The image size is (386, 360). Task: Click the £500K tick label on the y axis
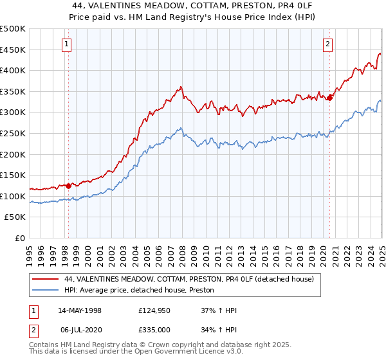tap(13, 29)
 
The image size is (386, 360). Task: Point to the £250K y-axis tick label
tap(13, 134)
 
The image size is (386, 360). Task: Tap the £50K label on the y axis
tap(15, 217)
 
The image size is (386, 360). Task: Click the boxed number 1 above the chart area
tap(68, 44)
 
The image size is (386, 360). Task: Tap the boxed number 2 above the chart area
tap(327, 44)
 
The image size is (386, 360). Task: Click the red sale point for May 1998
tap(69, 186)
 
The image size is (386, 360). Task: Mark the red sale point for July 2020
tap(329, 98)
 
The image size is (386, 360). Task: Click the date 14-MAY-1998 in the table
tap(80, 310)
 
